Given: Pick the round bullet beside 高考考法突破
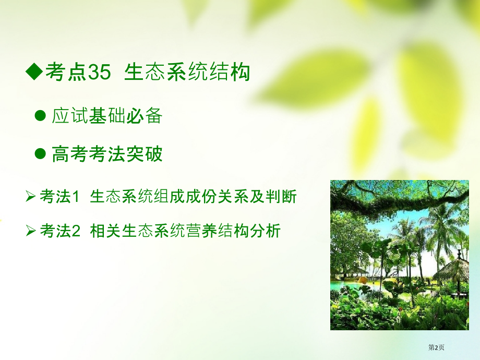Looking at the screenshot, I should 40,154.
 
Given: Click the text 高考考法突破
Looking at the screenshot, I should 107,154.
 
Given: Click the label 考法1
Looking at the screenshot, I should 59,197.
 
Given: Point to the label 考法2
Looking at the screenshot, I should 59,230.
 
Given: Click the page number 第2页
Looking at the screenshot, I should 437,347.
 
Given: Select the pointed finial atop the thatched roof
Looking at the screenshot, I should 460,253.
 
